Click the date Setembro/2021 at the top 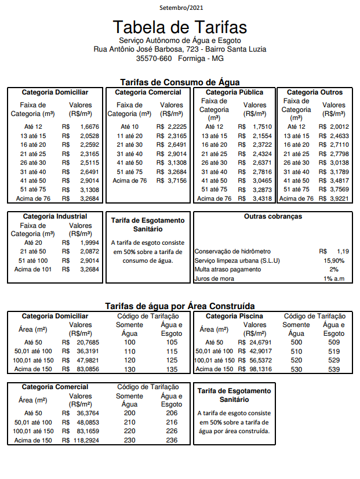[181, 8]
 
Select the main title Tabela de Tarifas [180, 27]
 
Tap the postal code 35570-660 [154, 59]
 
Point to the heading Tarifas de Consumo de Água [180, 82]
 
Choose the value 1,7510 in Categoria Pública [263, 126]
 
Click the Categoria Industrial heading [55, 217]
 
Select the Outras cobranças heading [273, 217]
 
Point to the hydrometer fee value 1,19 [341, 252]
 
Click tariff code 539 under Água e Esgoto [333, 369]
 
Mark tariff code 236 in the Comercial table [172, 440]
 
